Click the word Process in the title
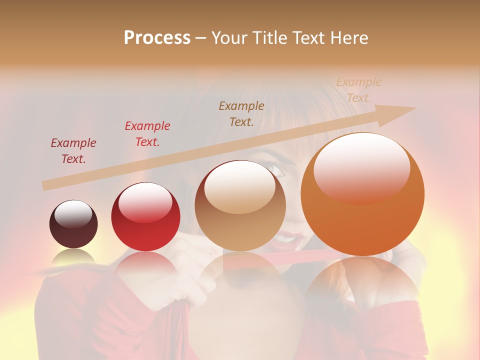157,38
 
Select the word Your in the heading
230,38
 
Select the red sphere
145,217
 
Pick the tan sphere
240,205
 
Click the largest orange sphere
362,194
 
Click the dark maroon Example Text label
73,151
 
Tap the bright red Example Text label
147,134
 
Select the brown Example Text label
241,113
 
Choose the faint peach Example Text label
359,90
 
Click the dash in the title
200,38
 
